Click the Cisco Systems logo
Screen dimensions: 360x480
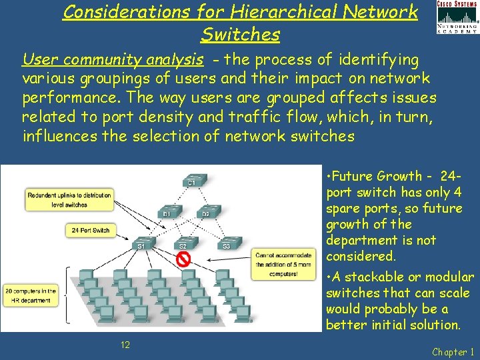pyautogui.click(x=457, y=16)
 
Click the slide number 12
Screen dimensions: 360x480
pyautogui.click(x=125, y=344)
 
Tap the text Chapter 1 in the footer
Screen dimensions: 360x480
pyautogui.click(x=453, y=351)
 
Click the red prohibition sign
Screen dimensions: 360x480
pyautogui.click(x=183, y=258)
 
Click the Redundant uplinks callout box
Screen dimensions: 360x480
pyautogui.click(x=69, y=199)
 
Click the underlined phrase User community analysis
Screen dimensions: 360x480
pyautogui.click(x=113, y=61)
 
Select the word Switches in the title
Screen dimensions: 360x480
pyautogui.click(x=240, y=33)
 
